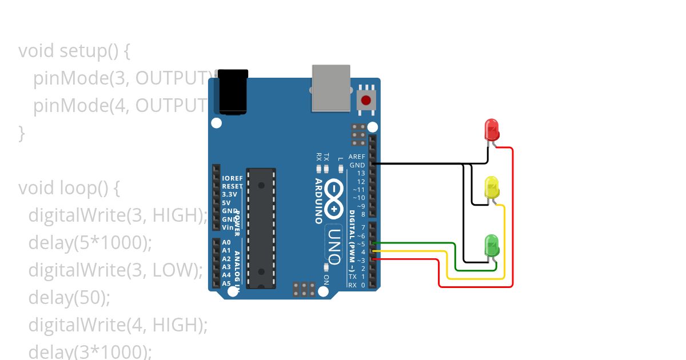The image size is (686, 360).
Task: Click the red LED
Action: [492, 130]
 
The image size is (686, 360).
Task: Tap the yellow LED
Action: [492, 188]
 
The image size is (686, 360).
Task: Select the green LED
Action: [492, 246]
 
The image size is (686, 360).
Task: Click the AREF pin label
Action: [357, 157]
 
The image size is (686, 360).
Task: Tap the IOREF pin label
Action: [232, 178]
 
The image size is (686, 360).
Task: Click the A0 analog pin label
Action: [226, 242]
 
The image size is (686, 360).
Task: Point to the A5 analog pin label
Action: [226, 283]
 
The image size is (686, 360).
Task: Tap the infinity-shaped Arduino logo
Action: [334, 200]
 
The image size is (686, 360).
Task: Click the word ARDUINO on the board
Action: [318, 201]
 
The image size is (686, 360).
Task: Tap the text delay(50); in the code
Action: [69, 297]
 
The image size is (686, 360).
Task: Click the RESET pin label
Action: [232, 186]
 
